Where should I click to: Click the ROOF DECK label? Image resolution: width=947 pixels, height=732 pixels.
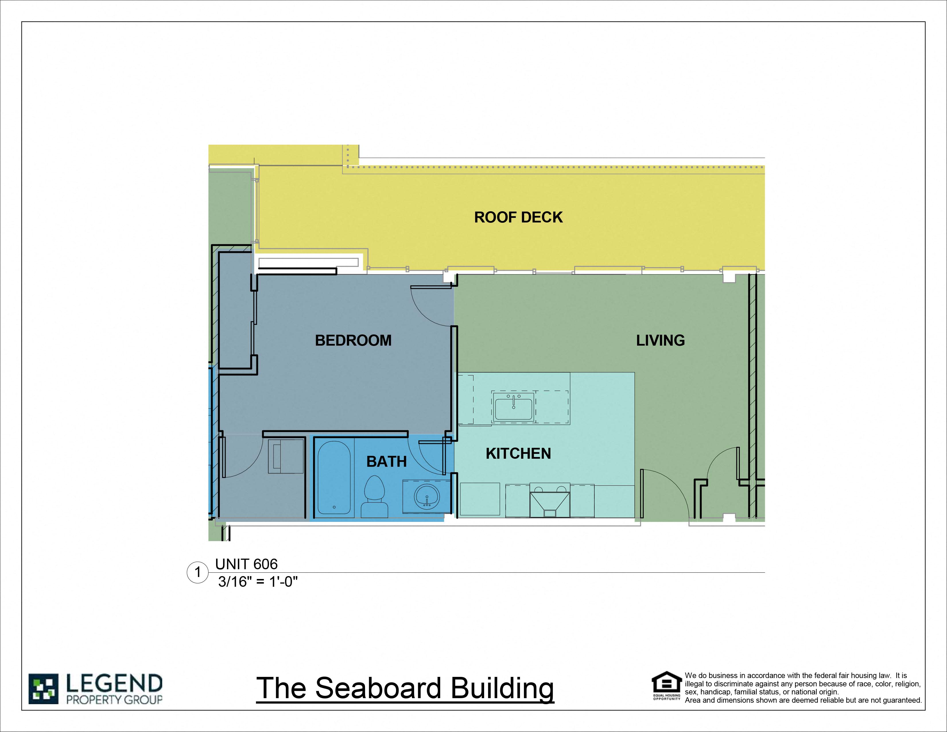pyautogui.click(x=518, y=217)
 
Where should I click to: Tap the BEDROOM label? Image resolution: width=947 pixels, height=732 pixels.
pyautogui.click(x=353, y=340)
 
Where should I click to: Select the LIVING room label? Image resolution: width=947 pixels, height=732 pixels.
pyautogui.click(x=660, y=340)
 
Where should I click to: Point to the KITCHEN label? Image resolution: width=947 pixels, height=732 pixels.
pyautogui.click(x=518, y=454)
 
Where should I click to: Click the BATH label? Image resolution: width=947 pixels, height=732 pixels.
pyautogui.click(x=386, y=461)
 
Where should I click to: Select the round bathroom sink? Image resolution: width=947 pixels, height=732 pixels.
pyautogui.click(x=427, y=496)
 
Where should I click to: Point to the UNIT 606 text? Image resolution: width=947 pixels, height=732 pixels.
pyautogui.click(x=246, y=564)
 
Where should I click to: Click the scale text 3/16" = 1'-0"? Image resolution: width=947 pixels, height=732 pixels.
pyautogui.click(x=258, y=582)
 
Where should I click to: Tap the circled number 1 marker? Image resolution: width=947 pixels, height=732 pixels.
pyautogui.click(x=198, y=572)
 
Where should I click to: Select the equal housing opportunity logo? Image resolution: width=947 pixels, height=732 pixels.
pyautogui.click(x=666, y=685)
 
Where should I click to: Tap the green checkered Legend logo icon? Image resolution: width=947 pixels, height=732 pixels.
pyautogui.click(x=43, y=689)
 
